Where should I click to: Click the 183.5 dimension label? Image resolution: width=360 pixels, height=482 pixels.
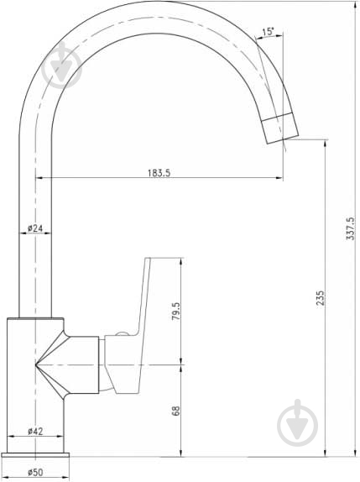(x=159, y=173)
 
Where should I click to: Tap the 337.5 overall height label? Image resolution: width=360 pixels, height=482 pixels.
(x=350, y=228)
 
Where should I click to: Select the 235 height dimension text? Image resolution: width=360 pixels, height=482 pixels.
(x=321, y=298)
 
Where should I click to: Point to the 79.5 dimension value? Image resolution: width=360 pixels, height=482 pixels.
(x=176, y=311)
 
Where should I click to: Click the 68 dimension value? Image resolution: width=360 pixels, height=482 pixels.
(x=175, y=411)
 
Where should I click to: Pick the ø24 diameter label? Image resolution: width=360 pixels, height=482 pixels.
(x=35, y=228)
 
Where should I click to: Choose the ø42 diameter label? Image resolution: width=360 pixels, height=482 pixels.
(x=35, y=432)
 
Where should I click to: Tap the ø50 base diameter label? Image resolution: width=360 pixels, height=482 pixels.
(x=35, y=472)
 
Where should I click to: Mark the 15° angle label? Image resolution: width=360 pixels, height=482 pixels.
(x=268, y=31)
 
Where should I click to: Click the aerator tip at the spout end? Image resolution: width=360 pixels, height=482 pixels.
(x=279, y=128)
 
